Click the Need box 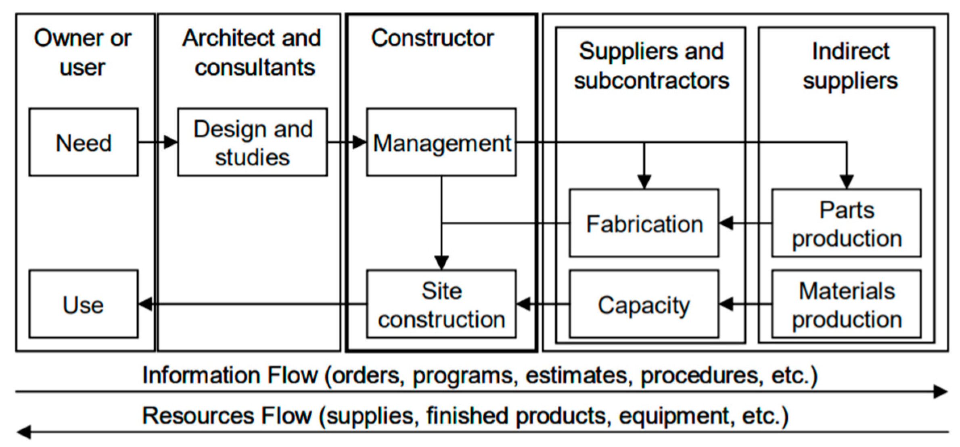coord(84,142)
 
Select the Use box coord(84,304)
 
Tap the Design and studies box coord(253,142)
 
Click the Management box coord(441,142)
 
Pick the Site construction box coord(441,304)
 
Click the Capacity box coord(644,304)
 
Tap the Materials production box coord(846,304)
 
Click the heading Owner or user coord(83,52)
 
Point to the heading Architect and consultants coord(252,52)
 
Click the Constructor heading coord(432,38)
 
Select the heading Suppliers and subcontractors coord(651,66)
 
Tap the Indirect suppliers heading coord(850,66)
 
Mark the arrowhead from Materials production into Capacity coord(726,304)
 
